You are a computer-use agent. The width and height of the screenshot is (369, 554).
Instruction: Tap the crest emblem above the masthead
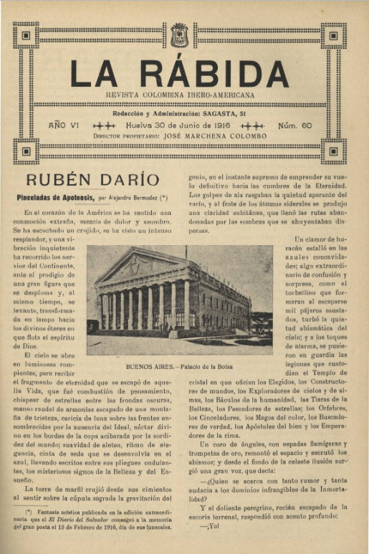179,34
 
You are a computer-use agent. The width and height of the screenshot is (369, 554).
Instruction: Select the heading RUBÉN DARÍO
92,179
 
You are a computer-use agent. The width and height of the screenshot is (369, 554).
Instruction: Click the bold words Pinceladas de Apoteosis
59,196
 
